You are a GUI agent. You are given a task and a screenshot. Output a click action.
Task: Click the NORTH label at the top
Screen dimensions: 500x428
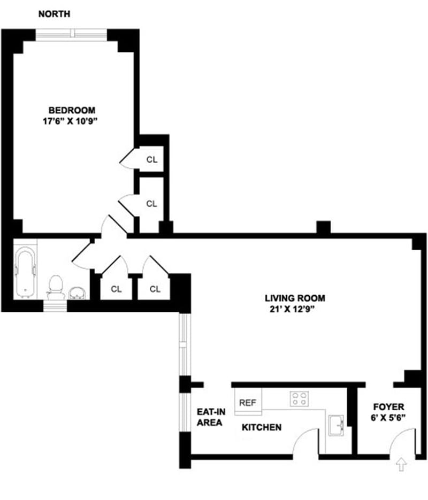53,14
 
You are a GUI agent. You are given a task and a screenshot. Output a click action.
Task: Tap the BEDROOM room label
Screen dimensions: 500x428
73,110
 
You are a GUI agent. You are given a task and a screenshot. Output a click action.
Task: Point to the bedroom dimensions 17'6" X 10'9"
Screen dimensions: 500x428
73,121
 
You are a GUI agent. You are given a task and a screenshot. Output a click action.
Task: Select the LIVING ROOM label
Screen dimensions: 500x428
295,298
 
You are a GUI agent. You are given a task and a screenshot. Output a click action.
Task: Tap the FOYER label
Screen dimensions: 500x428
389,406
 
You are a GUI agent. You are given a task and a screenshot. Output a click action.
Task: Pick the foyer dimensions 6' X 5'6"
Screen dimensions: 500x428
389,417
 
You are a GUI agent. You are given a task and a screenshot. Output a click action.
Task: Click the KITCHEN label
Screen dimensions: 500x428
262,427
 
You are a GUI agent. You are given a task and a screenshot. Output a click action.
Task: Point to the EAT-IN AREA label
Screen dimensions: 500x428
210,417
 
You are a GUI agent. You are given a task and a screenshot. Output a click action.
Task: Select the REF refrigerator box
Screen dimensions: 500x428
247,403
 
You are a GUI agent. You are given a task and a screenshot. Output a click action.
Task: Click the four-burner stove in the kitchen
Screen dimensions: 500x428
299,398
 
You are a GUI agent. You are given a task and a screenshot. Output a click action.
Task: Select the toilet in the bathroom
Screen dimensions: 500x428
56,288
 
